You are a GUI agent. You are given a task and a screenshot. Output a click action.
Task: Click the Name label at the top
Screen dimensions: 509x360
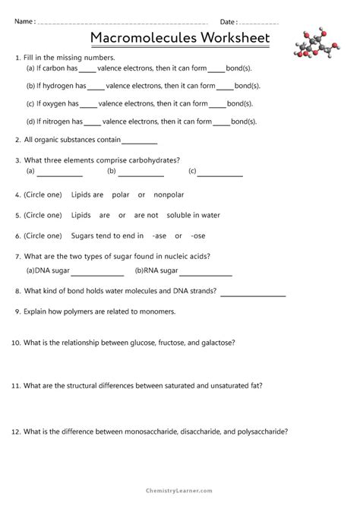coord(23,21)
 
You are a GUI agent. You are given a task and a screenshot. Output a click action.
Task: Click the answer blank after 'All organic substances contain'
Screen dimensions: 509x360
coord(139,141)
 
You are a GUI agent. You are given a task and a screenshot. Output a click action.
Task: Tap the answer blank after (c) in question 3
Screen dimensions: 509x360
coord(220,175)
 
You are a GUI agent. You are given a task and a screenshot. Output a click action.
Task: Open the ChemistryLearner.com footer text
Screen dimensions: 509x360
coord(180,492)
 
